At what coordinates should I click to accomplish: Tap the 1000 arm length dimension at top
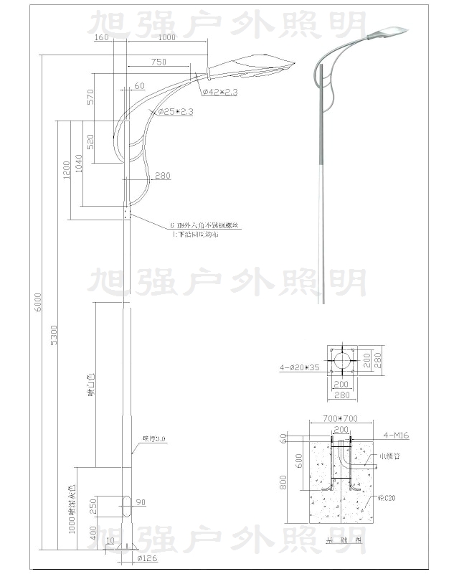click(166, 37)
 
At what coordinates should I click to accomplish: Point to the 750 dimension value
click(159, 62)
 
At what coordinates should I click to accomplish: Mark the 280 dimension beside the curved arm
click(162, 176)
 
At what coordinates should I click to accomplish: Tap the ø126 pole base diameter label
click(146, 557)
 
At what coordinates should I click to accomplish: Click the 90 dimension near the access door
click(141, 502)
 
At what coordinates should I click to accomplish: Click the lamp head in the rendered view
click(387, 32)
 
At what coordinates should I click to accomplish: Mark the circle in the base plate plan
click(343, 360)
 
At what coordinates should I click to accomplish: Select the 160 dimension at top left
click(101, 37)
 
